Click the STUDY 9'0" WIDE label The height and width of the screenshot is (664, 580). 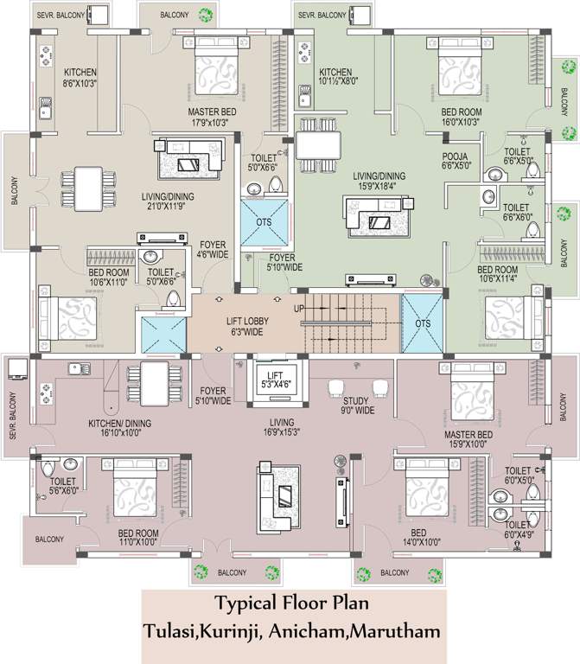(360, 405)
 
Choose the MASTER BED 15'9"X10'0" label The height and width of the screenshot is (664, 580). (468, 439)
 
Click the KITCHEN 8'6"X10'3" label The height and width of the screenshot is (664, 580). (80, 79)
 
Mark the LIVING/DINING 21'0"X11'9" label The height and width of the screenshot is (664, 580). (168, 201)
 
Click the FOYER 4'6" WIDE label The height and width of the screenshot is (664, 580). (213, 250)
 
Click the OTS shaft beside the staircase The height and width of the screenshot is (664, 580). (422, 323)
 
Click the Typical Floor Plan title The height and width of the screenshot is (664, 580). (290, 602)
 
